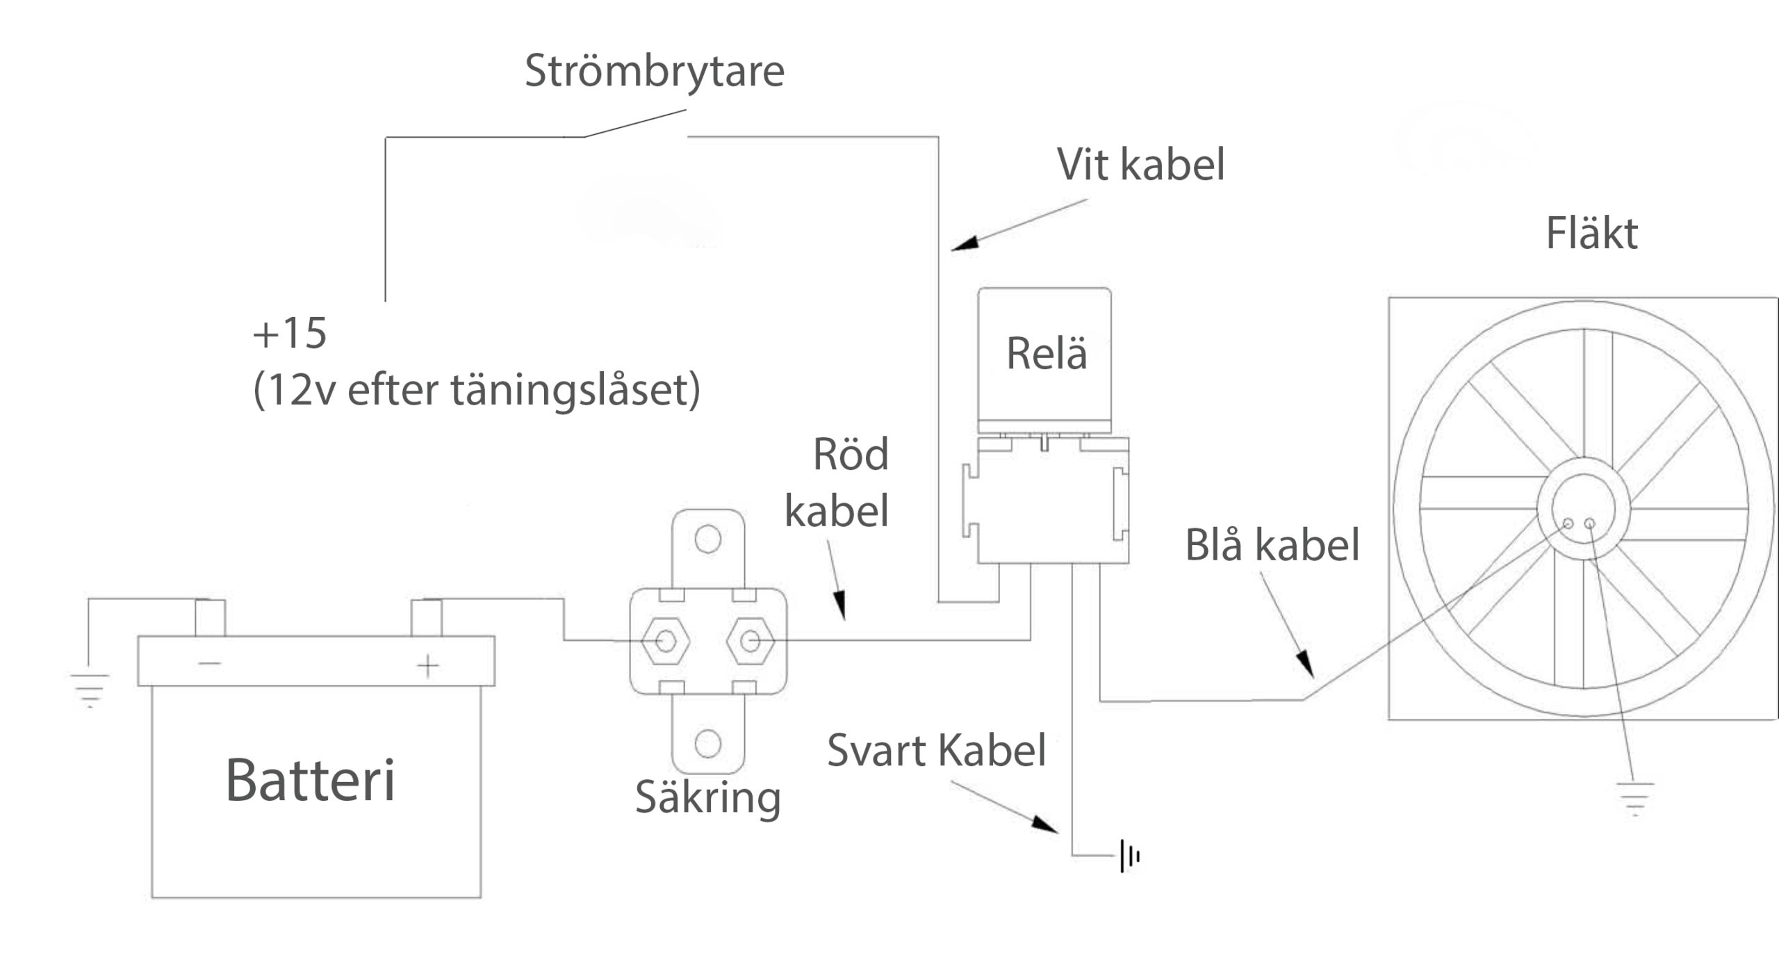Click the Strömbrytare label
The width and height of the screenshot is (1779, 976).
point(654,71)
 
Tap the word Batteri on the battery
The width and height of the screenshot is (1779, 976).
point(311,780)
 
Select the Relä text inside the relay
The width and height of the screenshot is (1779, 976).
point(1046,353)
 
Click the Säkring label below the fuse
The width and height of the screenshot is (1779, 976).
point(707,797)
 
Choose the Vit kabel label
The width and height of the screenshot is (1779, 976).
point(1140,165)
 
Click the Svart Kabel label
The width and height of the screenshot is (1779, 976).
point(936,751)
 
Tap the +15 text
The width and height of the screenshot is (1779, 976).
point(289,333)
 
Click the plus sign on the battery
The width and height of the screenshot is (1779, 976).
point(428,666)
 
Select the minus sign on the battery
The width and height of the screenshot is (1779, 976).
point(209,664)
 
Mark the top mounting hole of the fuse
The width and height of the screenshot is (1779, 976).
point(707,539)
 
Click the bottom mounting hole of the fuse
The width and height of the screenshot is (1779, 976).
point(707,744)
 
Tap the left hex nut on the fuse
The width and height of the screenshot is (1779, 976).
point(665,641)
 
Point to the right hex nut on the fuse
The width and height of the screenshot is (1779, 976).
point(750,641)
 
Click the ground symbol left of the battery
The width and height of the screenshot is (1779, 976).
point(90,689)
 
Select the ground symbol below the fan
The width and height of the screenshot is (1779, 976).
point(1634,798)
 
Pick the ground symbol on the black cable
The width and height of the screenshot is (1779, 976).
point(1129,856)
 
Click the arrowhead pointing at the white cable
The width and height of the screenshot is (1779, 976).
point(965,243)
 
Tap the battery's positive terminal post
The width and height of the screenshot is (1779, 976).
point(427,617)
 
